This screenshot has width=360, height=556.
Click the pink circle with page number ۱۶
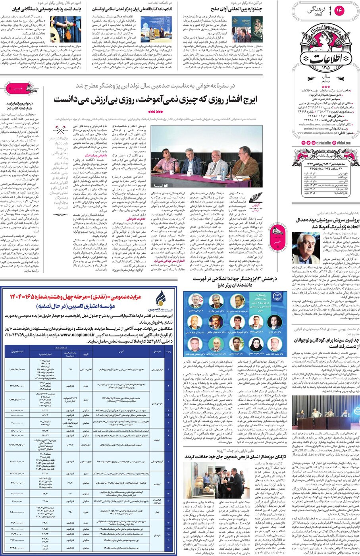pos(339,11)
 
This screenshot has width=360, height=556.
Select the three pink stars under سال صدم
pos(325,87)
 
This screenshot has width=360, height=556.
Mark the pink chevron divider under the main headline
pos(155,112)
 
